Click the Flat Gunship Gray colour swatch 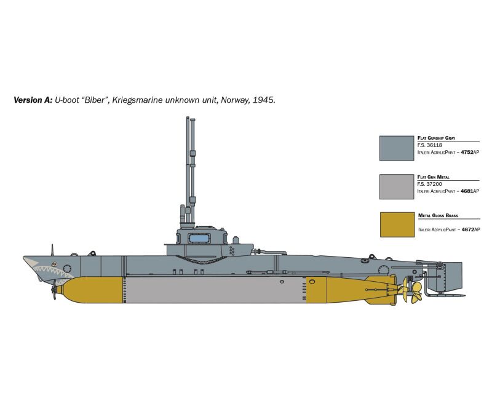397,148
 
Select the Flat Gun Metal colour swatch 397,187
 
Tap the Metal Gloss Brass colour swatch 397,225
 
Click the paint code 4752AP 470,152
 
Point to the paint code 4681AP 470,191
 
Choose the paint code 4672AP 470,229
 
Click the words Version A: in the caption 33,100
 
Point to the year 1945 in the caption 264,100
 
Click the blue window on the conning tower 199,239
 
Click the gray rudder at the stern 445,276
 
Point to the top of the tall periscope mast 188,118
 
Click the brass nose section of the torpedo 93,290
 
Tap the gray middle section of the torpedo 214,290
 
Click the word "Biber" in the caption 93,100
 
